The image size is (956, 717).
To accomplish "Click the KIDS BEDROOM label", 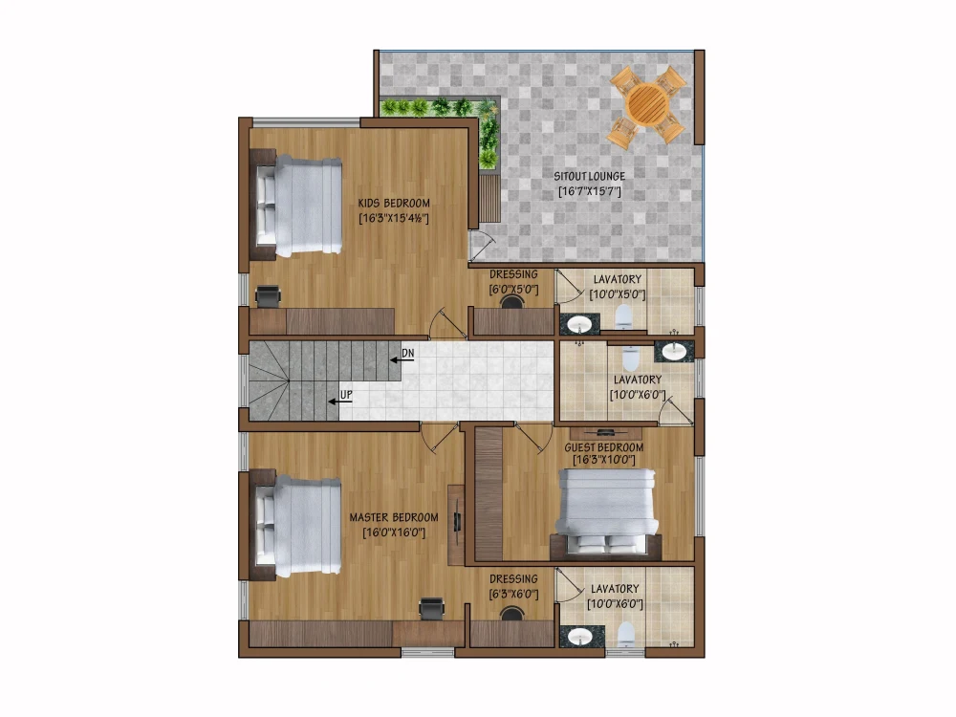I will [x=394, y=203].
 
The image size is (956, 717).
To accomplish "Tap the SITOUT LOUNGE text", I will [x=590, y=176].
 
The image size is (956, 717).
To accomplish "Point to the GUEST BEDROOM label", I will [x=603, y=446].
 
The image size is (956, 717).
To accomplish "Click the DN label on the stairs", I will [x=408, y=354].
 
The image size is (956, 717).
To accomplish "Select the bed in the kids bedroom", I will [x=298, y=207].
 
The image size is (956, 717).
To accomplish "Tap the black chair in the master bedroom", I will [x=432, y=607].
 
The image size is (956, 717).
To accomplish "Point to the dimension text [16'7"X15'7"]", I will [x=590, y=192].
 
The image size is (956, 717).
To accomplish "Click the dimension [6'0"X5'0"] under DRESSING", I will [x=514, y=288].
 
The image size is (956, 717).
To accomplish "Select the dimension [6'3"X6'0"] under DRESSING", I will [x=513, y=594].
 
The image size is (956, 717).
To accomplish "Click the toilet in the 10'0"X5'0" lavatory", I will [x=622, y=316].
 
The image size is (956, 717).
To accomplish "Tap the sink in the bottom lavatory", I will [x=578, y=637].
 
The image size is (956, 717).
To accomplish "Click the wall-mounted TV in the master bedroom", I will [x=457, y=521].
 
